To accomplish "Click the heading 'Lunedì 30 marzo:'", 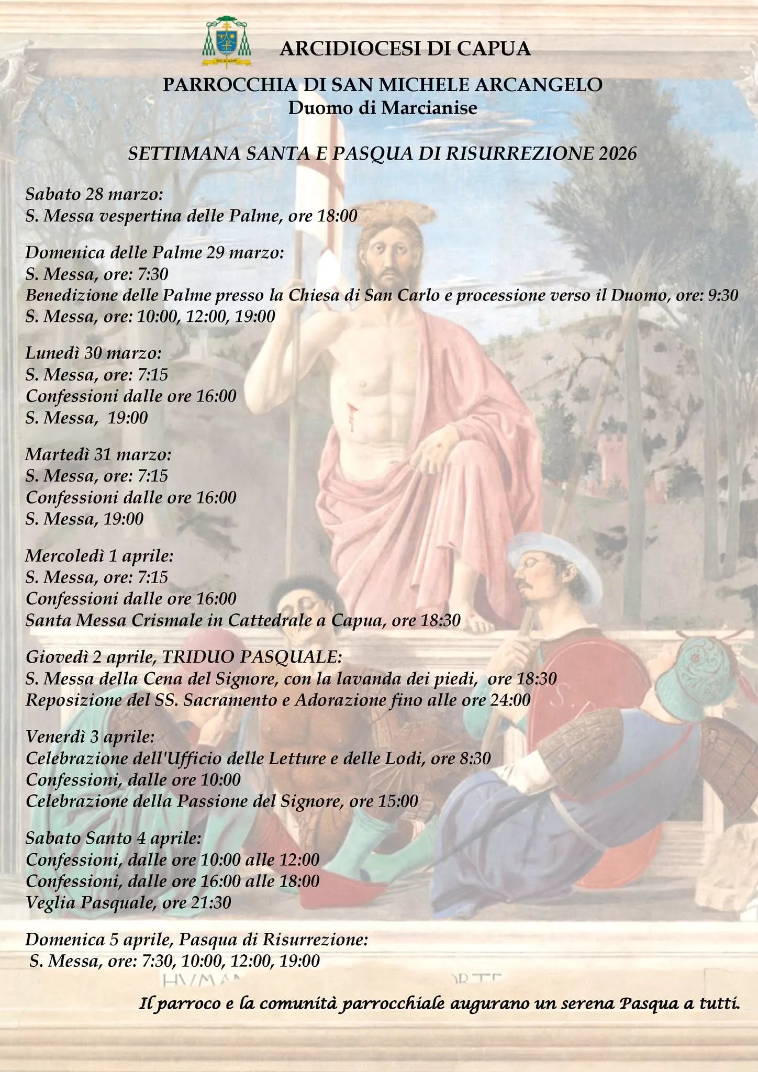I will [x=94, y=353].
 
